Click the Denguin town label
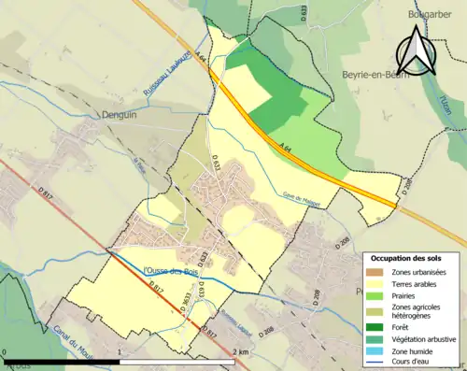119,136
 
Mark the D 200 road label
403,187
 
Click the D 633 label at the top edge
304,11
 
